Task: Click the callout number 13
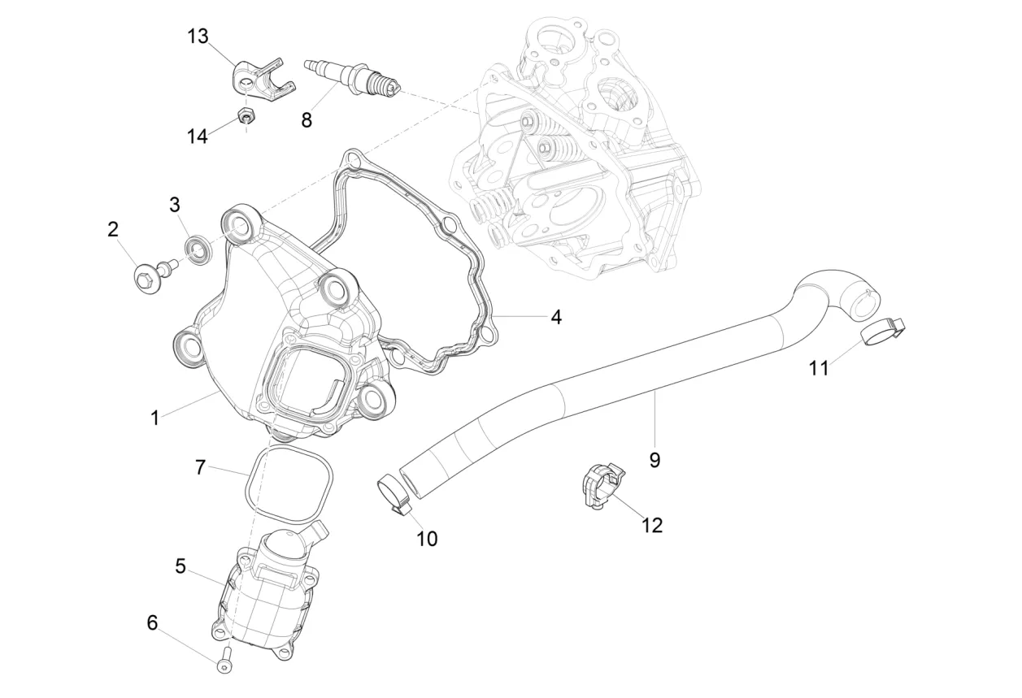point(198,36)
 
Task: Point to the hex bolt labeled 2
point(155,274)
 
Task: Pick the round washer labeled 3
point(198,249)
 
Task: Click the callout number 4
point(555,317)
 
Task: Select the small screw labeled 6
point(225,661)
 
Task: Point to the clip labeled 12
point(602,486)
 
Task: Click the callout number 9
point(655,460)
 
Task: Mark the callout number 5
point(180,566)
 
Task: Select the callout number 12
point(652,526)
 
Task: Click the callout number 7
point(200,467)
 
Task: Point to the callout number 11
point(819,368)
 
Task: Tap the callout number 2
point(113,229)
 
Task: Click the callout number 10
point(427,539)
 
